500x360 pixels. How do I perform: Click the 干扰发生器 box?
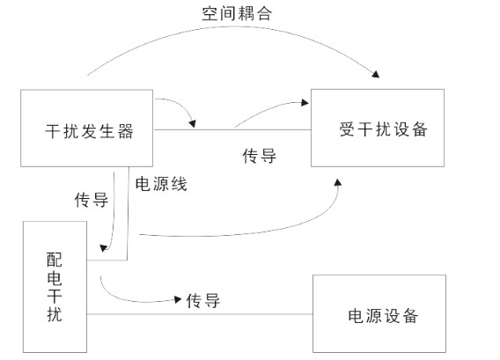(x=89, y=130)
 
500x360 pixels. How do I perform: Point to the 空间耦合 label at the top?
(x=238, y=14)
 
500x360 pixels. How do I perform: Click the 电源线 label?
(x=160, y=184)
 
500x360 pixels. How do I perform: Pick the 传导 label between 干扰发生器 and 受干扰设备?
(x=259, y=157)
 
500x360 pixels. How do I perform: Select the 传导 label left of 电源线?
(x=92, y=200)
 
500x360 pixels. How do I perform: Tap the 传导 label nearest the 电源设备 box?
(x=202, y=300)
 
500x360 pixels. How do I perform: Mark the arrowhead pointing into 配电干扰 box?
(x=107, y=248)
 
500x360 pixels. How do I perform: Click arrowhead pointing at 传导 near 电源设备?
(x=177, y=299)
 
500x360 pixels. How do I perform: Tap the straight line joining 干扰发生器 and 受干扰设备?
(x=234, y=130)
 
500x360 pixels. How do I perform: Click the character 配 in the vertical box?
(x=55, y=261)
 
